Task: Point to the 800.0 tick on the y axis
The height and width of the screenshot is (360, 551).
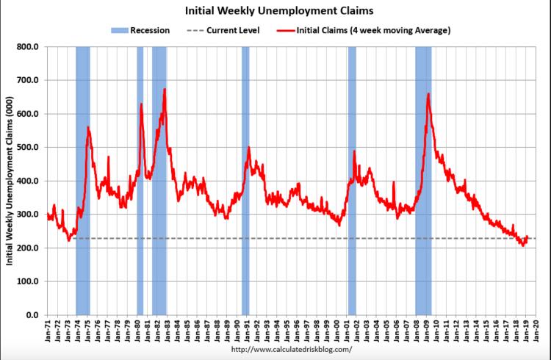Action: click(29, 47)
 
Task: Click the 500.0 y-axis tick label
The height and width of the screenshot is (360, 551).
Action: click(29, 148)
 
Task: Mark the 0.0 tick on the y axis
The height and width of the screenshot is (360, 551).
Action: click(34, 315)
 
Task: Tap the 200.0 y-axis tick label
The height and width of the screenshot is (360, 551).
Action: click(29, 248)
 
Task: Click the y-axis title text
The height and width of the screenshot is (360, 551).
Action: click(11, 181)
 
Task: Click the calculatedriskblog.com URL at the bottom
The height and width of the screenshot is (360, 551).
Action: click(292, 349)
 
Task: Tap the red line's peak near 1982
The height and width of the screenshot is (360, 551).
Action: click(165, 90)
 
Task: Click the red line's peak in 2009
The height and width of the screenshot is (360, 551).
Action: click(428, 94)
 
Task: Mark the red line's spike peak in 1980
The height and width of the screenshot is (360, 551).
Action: click(141, 104)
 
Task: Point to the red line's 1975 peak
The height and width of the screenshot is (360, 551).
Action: click(88, 128)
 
